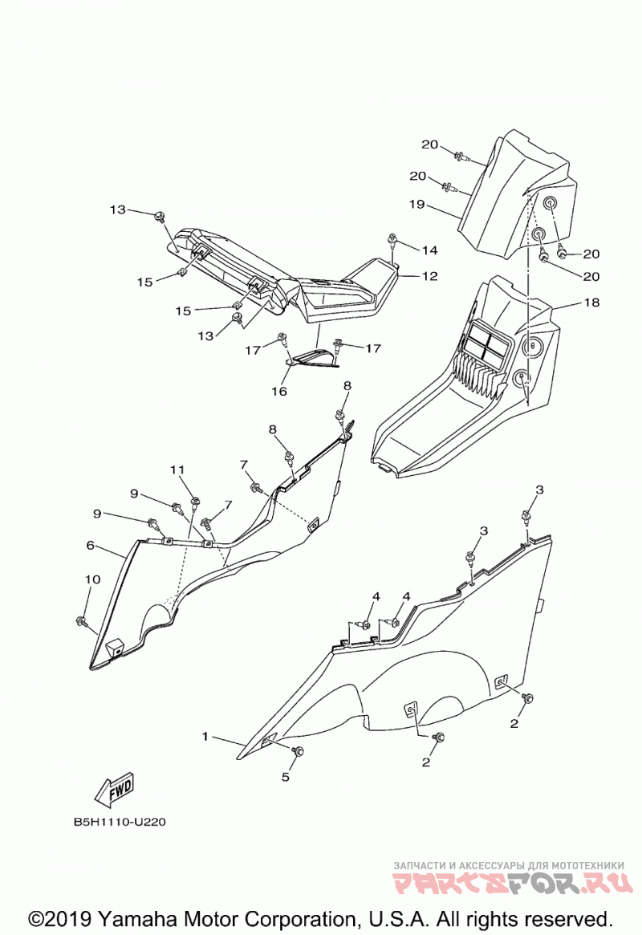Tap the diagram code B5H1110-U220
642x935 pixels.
120,822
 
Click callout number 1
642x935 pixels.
205,737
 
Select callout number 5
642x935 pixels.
286,777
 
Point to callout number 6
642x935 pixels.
91,545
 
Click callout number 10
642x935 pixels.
92,579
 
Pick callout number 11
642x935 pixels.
177,470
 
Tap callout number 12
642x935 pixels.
430,276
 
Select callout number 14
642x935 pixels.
430,250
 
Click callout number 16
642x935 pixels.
279,391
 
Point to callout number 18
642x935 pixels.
591,303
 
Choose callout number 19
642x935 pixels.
416,205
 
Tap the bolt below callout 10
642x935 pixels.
82,623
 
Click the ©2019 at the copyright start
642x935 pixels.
59,918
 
